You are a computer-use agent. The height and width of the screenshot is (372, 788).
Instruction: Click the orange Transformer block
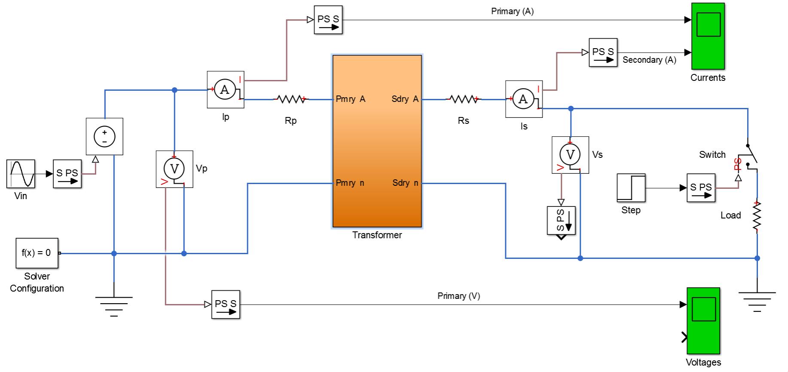point(377,141)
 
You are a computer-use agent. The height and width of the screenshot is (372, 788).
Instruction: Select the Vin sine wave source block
point(21,174)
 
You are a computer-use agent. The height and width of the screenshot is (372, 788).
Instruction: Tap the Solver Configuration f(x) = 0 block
point(37,253)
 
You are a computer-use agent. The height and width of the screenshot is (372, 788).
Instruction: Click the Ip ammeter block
point(226,89)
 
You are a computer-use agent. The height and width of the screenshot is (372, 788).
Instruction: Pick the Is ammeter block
point(524,99)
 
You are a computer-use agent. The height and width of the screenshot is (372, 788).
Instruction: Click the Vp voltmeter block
point(174,169)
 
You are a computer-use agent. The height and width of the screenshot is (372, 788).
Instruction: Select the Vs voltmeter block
point(570,155)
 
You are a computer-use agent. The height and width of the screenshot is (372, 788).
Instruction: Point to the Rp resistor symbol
point(291,99)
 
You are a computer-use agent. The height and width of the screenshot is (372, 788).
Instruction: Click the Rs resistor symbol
point(463,99)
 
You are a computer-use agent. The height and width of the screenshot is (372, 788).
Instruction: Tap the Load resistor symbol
point(757,217)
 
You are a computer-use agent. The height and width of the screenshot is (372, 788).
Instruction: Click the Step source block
point(631,188)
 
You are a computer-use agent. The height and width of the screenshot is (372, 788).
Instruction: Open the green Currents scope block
point(708,36)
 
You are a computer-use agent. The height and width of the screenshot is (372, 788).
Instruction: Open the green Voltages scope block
point(703,321)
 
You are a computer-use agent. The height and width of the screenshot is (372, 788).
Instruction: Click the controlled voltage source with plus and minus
point(104,136)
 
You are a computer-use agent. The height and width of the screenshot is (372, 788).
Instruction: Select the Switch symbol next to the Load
point(749,157)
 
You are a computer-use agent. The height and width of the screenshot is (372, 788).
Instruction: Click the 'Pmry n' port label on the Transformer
point(350,183)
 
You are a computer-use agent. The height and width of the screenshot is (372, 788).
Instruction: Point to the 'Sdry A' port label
point(405,99)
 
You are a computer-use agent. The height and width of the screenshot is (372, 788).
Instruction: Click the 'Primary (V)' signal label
point(458,296)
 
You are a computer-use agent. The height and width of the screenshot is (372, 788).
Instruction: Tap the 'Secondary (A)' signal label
point(649,60)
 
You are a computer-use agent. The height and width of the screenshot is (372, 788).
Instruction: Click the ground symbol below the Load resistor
point(757,301)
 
